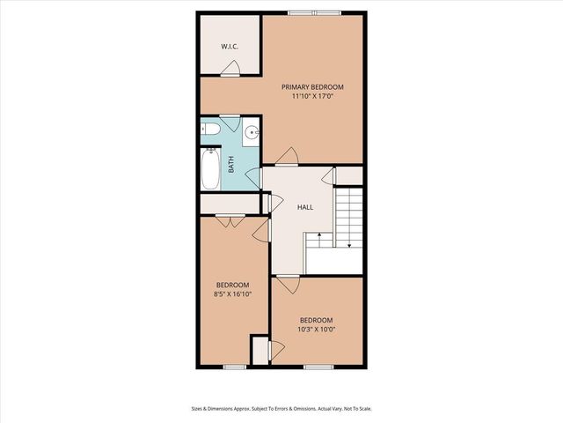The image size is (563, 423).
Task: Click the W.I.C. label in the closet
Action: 230,47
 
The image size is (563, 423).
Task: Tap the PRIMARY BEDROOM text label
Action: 312,87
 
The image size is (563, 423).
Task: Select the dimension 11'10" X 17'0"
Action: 312,99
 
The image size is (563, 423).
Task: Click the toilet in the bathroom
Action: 209,132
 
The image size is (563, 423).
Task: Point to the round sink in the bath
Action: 251,134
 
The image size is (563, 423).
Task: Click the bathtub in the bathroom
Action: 210,171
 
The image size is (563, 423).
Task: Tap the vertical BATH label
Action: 231,164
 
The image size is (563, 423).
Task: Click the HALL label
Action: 305,206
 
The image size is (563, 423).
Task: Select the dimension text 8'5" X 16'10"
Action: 233,296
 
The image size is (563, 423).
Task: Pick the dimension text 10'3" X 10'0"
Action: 317,330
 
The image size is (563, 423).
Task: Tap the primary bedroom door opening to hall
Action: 285,159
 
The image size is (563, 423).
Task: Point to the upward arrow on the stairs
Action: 311,237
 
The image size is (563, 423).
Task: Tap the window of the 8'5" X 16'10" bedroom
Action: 233,366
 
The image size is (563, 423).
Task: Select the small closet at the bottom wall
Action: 260,350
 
